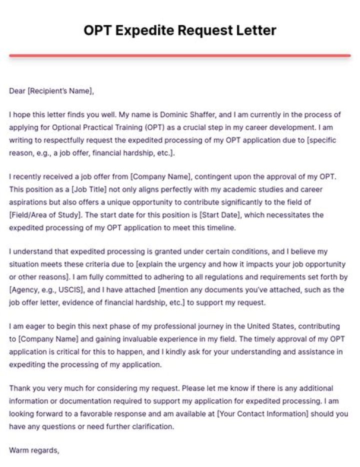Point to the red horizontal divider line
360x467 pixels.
click(x=180, y=55)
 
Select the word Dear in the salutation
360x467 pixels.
click(x=17, y=91)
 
